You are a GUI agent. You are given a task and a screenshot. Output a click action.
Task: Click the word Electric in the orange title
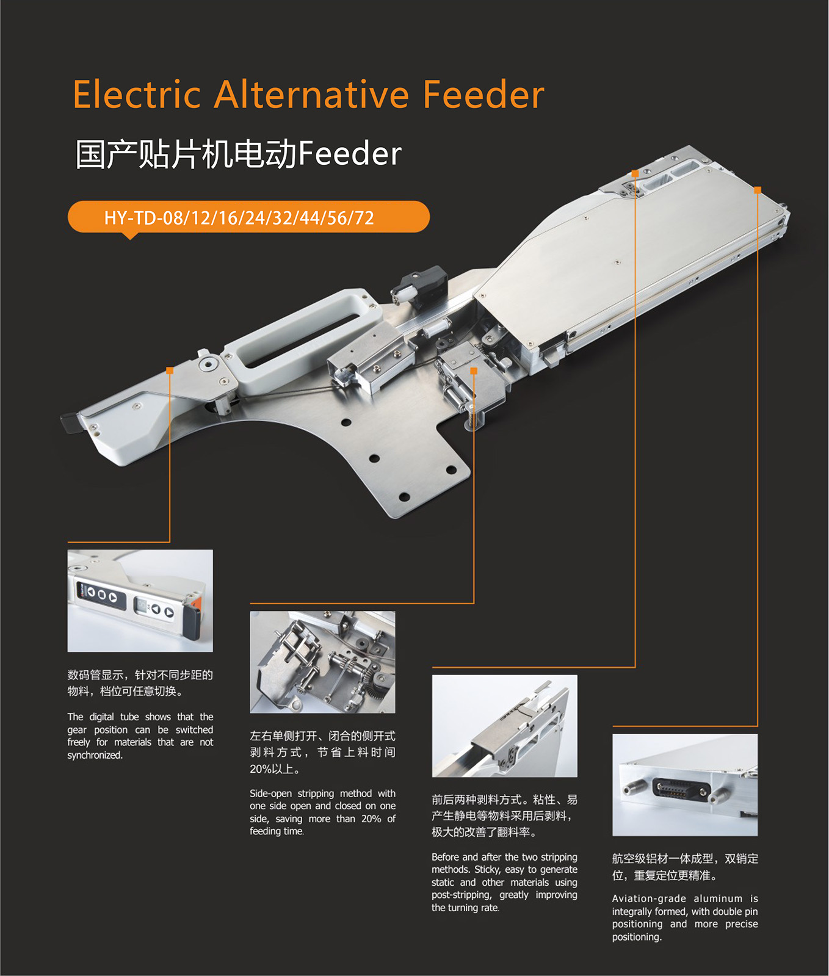(x=137, y=95)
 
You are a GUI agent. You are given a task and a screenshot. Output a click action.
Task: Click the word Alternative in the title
(x=311, y=95)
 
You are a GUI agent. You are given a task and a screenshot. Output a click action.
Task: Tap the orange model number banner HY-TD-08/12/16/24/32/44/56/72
(x=248, y=217)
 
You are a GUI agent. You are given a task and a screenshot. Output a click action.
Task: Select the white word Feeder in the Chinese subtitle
(x=350, y=153)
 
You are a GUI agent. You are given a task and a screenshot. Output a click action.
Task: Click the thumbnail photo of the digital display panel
(x=140, y=601)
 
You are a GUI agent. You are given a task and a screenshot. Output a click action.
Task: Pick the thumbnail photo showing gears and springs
(x=322, y=662)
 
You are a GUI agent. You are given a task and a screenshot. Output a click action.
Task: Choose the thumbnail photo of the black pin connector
(x=685, y=785)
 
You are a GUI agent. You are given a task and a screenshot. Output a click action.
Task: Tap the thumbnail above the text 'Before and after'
(x=504, y=726)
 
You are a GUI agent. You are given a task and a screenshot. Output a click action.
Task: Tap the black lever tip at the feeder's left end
(x=70, y=422)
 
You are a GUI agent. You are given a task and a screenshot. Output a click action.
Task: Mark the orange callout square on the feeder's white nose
(x=170, y=371)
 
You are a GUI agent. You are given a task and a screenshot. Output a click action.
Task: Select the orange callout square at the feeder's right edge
(x=757, y=190)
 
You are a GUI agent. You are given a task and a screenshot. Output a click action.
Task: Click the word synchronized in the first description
(x=95, y=755)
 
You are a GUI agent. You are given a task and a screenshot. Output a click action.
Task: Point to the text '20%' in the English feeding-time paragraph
(x=371, y=819)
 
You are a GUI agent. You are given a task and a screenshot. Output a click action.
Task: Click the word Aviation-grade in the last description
(x=646, y=898)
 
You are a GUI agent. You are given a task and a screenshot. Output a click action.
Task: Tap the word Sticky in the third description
(x=487, y=869)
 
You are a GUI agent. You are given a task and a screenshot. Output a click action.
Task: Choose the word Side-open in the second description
(x=270, y=793)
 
